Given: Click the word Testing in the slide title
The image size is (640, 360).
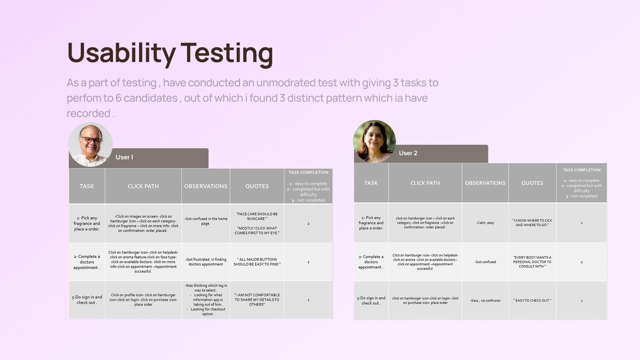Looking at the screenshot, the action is [x=227, y=53].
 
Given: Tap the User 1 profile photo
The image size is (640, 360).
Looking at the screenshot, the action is [x=90, y=144].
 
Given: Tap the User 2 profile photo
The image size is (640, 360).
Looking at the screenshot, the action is [x=374, y=141].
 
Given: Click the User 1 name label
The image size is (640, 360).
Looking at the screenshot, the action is [x=124, y=157].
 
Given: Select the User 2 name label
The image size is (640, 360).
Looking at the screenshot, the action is [x=408, y=153].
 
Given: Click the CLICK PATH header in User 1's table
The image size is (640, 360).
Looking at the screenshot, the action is [x=143, y=186].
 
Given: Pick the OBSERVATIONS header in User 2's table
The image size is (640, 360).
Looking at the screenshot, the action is [x=485, y=183].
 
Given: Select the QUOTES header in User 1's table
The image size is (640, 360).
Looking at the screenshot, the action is [x=257, y=186].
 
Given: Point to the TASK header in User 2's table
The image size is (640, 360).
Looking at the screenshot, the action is [x=371, y=183].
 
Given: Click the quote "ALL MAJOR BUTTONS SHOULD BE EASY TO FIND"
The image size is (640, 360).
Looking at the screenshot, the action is [x=257, y=262].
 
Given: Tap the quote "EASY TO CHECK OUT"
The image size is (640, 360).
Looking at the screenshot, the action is [x=532, y=301].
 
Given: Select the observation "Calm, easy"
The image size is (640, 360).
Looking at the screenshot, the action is [x=485, y=223].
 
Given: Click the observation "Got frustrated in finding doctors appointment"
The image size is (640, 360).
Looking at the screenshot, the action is [x=206, y=262].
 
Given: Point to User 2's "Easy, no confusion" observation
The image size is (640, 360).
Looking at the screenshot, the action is [x=485, y=301].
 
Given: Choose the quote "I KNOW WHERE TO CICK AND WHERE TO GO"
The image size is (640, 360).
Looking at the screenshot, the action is [x=532, y=223].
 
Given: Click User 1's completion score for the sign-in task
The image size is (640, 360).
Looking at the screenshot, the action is [x=308, y=300].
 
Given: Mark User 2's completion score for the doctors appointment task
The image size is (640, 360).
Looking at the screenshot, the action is [x=582, y=262].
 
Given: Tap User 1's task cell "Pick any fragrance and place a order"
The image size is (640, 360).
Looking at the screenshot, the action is [x=87, y=224].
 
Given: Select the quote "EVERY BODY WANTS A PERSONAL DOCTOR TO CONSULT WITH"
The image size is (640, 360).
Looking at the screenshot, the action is [x=532, y=262].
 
